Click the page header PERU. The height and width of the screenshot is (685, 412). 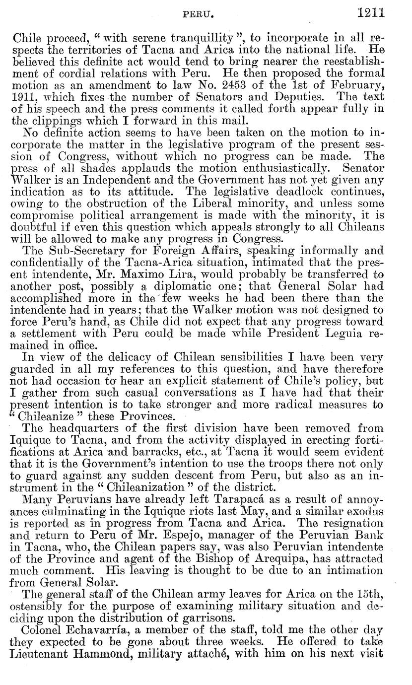point(199,9)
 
